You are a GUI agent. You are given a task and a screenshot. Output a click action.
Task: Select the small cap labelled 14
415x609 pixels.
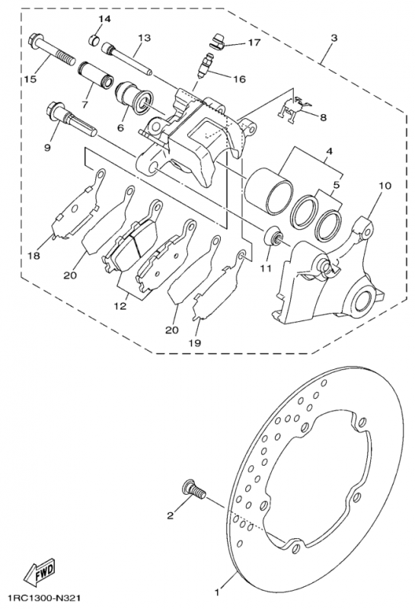click(93, 40)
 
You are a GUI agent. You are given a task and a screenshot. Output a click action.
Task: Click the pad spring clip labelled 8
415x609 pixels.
click(292, 110)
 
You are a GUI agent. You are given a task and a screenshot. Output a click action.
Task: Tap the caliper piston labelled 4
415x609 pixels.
click(268, 192)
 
